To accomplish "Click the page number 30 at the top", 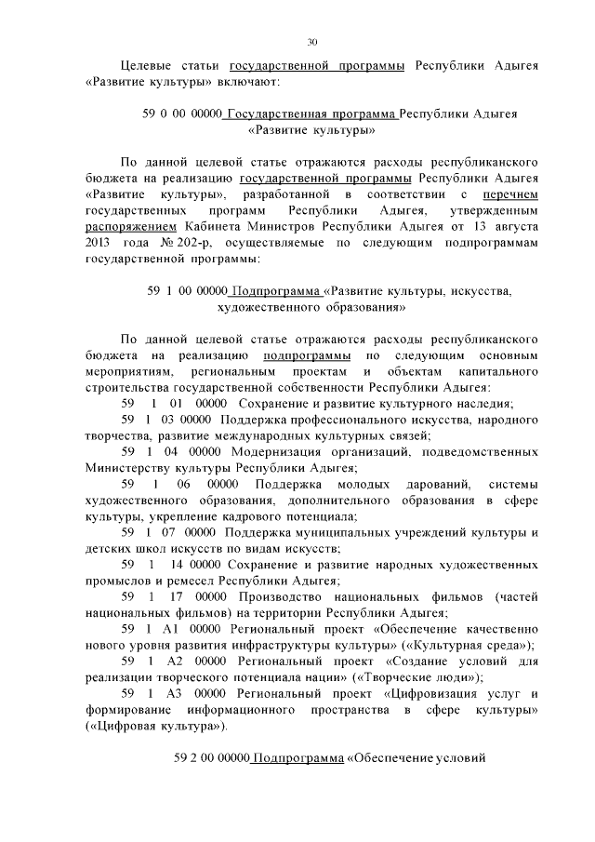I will (311, 41).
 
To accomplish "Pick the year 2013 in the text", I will (100, 242).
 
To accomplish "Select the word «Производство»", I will (287, 597).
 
